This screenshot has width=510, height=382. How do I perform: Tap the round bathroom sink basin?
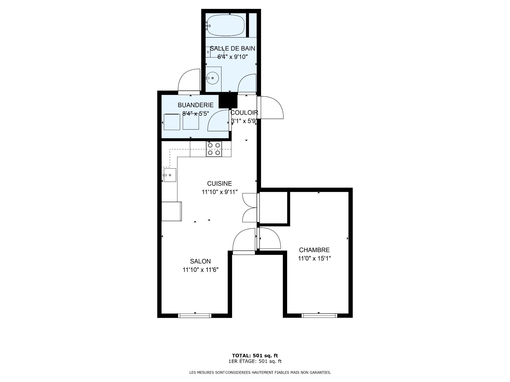(x=212, y=78)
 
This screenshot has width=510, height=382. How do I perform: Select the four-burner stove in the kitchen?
(x=214, y=149)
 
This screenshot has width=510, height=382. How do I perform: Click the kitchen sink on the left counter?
(x=170, y=175)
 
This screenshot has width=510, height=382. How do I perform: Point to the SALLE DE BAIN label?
(x=232, y=48)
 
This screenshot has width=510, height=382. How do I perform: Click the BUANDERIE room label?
(x=195, y=105)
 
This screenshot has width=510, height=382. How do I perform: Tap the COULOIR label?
(x=244, y=113)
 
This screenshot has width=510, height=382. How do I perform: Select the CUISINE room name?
(x=219, y=183)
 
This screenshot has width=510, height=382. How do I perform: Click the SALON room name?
(x=200, y=261)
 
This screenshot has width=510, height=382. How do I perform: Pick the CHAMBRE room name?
(x=314, y=250)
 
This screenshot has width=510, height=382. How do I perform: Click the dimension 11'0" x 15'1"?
(x=314, y=258)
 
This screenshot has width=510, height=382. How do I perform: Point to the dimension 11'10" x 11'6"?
(x=200, y=270)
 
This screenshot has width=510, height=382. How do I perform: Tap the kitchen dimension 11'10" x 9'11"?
(x=219, y=192)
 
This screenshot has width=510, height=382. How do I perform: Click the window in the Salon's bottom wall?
(x=195, y=315)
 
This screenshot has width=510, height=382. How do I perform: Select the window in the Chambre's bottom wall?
(x=319, y=315)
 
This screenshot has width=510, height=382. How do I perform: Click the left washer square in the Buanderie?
(x=172, y=122)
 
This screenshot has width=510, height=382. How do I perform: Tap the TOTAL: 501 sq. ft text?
(x=255, y=355)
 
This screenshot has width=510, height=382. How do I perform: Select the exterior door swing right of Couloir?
(x=270, y=107)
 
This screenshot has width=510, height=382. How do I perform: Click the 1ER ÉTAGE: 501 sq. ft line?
(x=255, y=361)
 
